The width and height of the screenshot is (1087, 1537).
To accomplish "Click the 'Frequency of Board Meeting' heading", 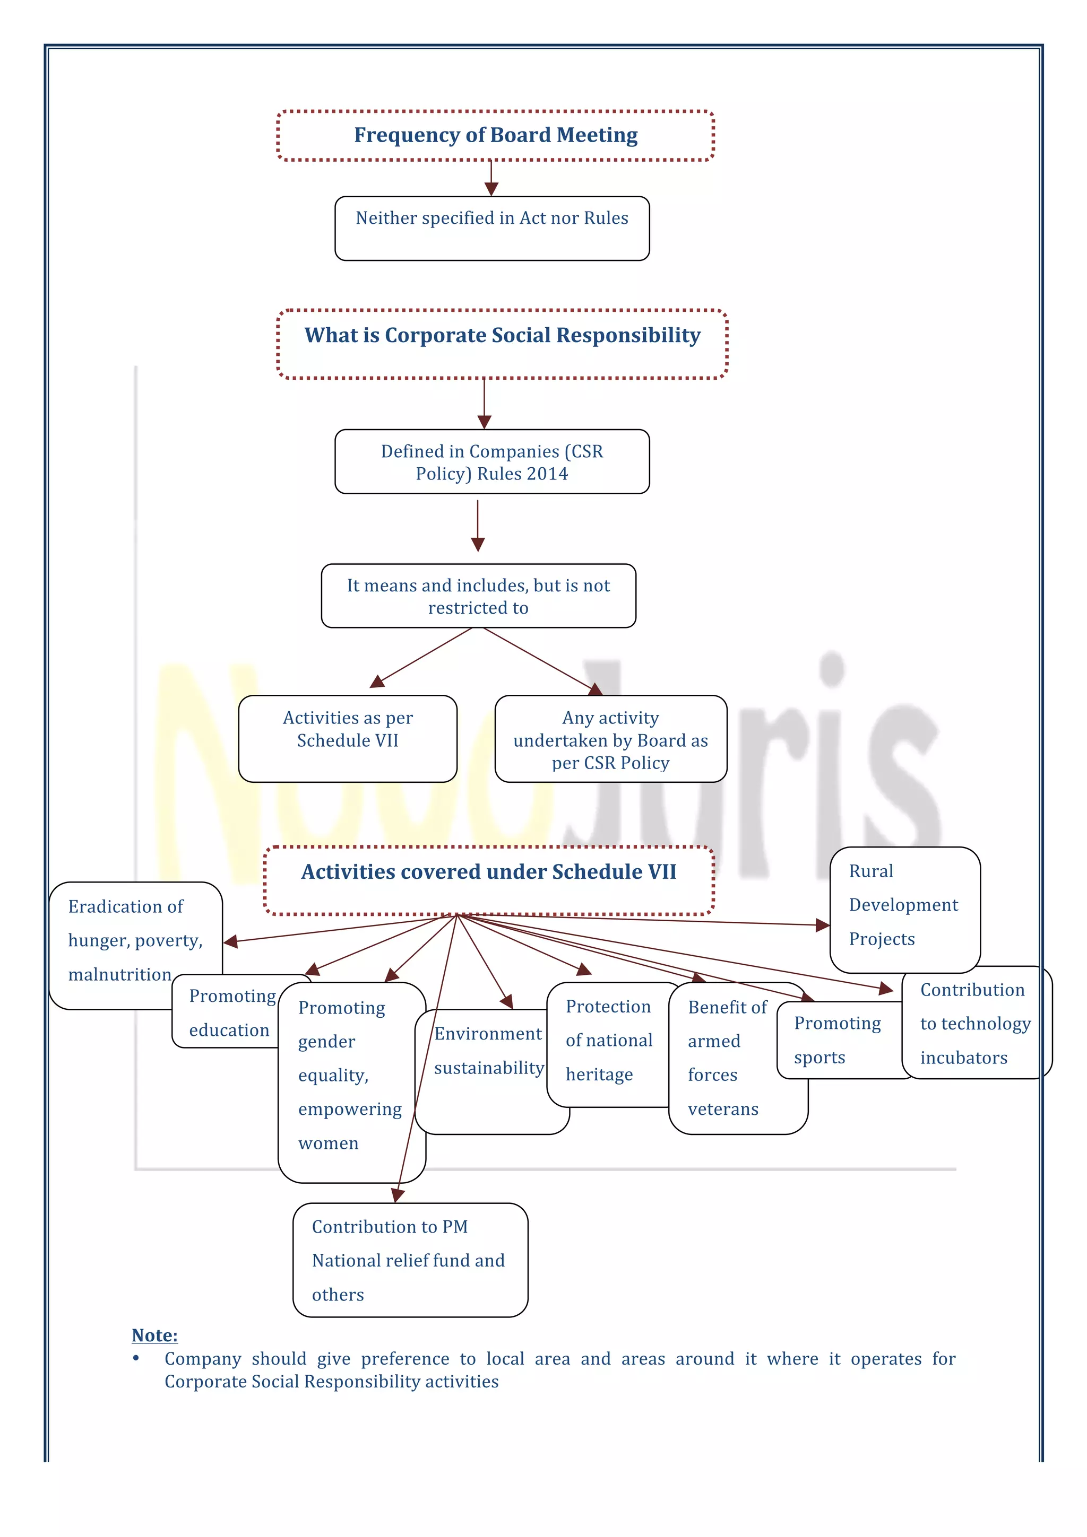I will pos(496,135).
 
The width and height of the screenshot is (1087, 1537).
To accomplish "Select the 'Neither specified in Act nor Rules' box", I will pos(491,228).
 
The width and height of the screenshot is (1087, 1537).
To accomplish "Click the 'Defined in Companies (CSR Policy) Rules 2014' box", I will pos(491,462).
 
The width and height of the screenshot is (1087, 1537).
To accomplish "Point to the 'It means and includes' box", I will pos(478,596).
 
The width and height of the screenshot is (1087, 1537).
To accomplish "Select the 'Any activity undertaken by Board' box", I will pos(610,739).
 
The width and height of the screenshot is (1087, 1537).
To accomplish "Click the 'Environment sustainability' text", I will pos(489,1051).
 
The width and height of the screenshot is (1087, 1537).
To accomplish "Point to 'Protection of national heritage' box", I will pos(608,1041).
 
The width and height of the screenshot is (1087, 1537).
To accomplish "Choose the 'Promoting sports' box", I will pos(836,1040).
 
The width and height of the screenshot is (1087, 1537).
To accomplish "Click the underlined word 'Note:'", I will pos(154,1336).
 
